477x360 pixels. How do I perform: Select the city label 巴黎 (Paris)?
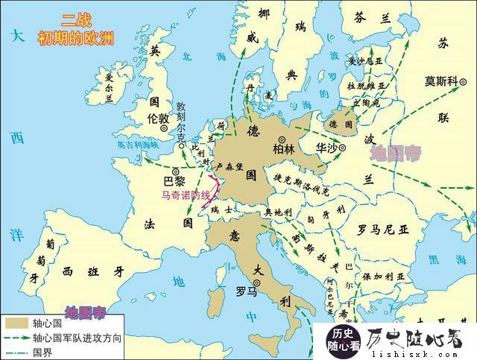click(172, 181)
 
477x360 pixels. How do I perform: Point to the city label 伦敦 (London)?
click(158, 119)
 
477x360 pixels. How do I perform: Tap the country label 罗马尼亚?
click(383, 227)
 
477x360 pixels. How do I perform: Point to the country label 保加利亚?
click(372, 275)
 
